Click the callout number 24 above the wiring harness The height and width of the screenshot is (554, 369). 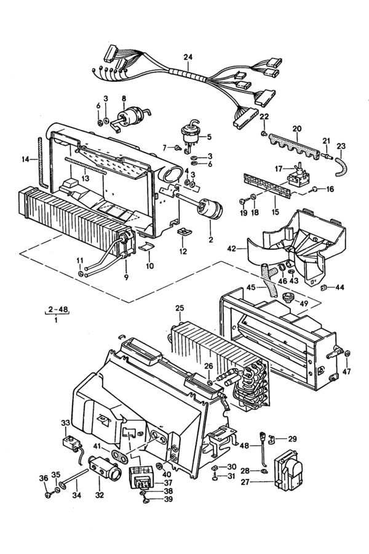point(188,57)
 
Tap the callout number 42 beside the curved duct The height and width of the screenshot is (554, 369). point(232,249)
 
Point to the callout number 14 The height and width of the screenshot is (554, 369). point(25,159)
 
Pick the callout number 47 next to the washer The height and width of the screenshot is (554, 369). point(347,371)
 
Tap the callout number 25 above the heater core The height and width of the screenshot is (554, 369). point(180,308)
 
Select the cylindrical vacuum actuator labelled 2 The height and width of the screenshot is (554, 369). point(210,209)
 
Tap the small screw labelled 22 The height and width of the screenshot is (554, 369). point(263,133)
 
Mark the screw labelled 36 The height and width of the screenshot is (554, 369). point(48,495)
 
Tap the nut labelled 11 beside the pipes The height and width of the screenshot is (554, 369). point(81,275)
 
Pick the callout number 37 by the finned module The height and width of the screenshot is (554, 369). point(168,482)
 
